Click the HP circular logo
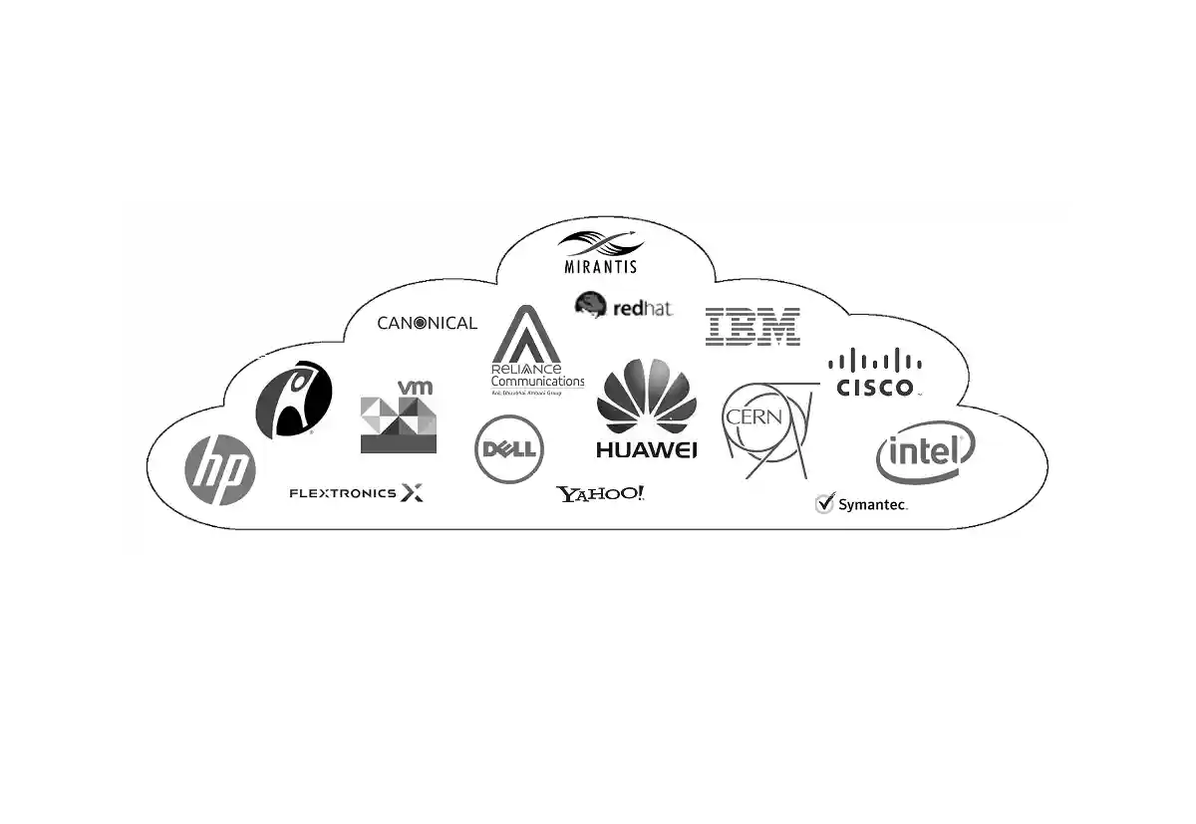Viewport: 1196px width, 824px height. pyautogui.click(x=220, y=470)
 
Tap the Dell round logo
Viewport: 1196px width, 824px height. pyautogui.click(x=509, y=449)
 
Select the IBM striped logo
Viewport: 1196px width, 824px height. pyautogui.click(x=752, y=327)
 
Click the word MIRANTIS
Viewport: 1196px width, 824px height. pyautogui.click(x=600, y=267)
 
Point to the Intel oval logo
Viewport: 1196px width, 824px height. pyautogui.click(x=924, y=453)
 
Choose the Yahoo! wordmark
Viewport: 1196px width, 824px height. pyautogui.click(x=600, y=494)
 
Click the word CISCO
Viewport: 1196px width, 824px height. pyautogui.click(x=875, y=387)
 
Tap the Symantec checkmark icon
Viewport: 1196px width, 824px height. pyautogui.click(x=824, y=503)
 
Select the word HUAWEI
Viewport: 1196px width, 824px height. pyautogui.click(x=646, y=449)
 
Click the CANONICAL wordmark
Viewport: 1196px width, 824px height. pyautogui.click(x=427, y=323)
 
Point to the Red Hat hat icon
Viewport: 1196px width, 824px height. pyautogui.click(x=591, y=304)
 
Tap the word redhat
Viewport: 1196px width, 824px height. pyautogui.click(x=643, y=309)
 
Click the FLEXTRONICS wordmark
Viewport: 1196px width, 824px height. pyautogui.click(x=342, y=493)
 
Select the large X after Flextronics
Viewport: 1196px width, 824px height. pyautogui.click(x=412, y=492)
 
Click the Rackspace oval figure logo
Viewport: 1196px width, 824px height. pyautogui.click(x=294, y=399)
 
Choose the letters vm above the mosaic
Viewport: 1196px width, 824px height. pyautogui.click(x=415, y=387)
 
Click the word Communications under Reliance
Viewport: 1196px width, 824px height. pyautogui.click(x=537, y=382)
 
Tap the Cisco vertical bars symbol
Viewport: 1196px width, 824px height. pyautogui.click(x=875, y=361)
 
